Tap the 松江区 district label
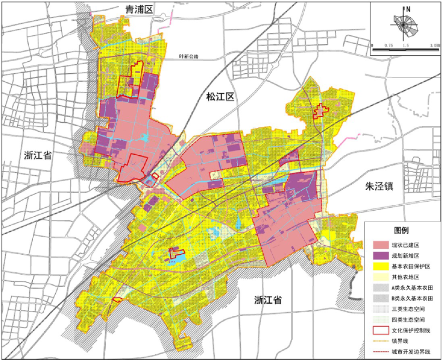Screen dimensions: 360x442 (219, 97)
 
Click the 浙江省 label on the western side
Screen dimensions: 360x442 (38, 155)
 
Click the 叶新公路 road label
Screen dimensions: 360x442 (189, 56)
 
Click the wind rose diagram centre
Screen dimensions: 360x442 (404, 25)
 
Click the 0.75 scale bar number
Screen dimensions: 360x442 (389, 46)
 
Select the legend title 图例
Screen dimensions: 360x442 (401, 230)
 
